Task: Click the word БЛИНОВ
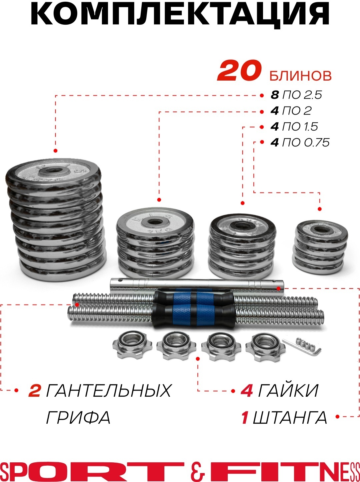(300, 76)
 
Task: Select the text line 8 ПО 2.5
(296, 95)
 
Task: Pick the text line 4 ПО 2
(291, 111)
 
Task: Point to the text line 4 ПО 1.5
(294, 127)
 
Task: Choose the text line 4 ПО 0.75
(300, 143)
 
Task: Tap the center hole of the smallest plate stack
(321, 230)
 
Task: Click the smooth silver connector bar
(197, 286)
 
